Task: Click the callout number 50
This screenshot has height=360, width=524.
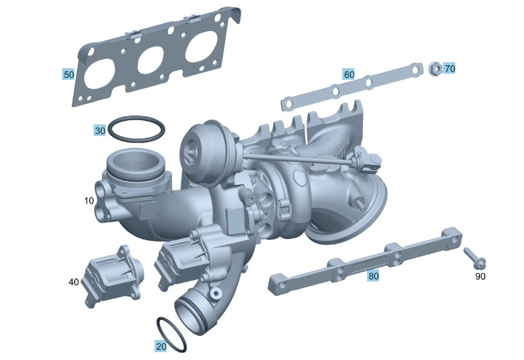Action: pyautogui.click(x=69, y=74)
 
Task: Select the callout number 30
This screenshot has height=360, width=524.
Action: pyautogui.click(x=100, y=130)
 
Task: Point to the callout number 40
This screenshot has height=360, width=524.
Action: pyautogui.click(x=74, y=281)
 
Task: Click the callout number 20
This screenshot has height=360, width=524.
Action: pyautogui.click(x=161, y=346)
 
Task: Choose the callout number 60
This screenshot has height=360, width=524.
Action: pyautogui.click(x=349, y=74)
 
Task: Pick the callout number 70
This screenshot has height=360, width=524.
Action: pyautogui.click(x=449, y=68)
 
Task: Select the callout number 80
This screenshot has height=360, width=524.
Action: pyautogui.click(x=374, y=276)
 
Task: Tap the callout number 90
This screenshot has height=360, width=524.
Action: pyautogui.click(x=480, y=277)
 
